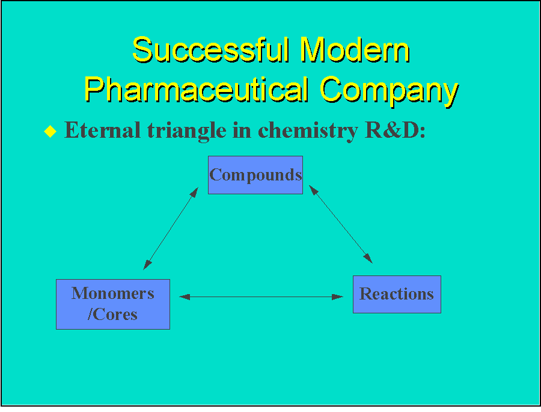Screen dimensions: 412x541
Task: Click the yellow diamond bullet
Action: [50, 132]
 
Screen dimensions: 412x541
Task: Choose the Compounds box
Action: [255, 175]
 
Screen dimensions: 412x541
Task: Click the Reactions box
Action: [396, 294]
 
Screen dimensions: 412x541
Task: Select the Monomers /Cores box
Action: [112, 304]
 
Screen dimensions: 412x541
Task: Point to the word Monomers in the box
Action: [112, 294]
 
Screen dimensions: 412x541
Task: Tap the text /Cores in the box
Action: [112, 314]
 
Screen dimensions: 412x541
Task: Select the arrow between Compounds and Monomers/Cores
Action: [171, 228]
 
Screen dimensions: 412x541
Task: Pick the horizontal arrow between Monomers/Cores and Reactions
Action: [261, 297]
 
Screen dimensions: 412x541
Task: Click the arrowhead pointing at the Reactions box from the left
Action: [339, 297]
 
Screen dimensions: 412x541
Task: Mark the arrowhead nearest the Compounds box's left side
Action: [194, 192]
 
